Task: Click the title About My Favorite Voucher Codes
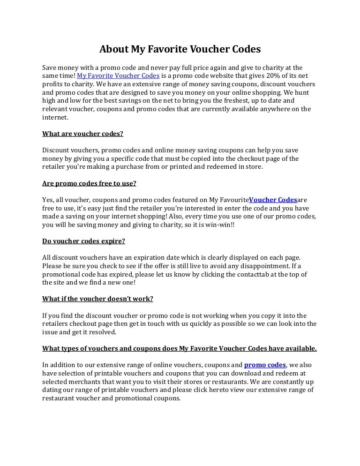coord(180,49)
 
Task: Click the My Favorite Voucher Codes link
coord(118,75)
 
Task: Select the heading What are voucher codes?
coord(82,133)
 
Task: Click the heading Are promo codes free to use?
coord(89,183)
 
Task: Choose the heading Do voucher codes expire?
coord(83,241)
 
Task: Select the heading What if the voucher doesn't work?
coord(97,299)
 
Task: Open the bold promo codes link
coord(265,365)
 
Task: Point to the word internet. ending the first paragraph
coord(55,117)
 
